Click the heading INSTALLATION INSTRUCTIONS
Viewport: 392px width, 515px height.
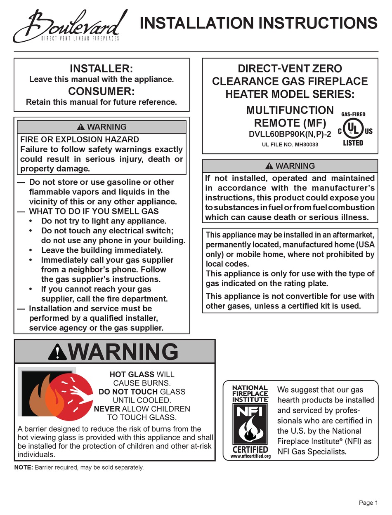click(259, 23)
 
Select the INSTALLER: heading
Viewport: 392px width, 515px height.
click(101, 68)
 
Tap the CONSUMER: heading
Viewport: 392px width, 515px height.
click(101, 90)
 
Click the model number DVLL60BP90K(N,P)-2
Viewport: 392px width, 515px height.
click(290, 134)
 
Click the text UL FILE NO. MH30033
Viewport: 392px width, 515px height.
click(290, 145)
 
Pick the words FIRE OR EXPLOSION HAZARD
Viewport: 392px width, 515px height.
click(80, 139)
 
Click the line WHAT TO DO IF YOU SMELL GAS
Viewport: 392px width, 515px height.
click(94, 212)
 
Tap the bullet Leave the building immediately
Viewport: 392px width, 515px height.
click(102, 250)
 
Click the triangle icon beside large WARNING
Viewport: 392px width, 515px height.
click(57, 352)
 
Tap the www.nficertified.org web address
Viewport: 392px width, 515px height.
click(250, 456)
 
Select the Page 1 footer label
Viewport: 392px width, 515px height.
click(368, 503)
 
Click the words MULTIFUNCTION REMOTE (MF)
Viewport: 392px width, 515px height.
click(290, 116)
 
